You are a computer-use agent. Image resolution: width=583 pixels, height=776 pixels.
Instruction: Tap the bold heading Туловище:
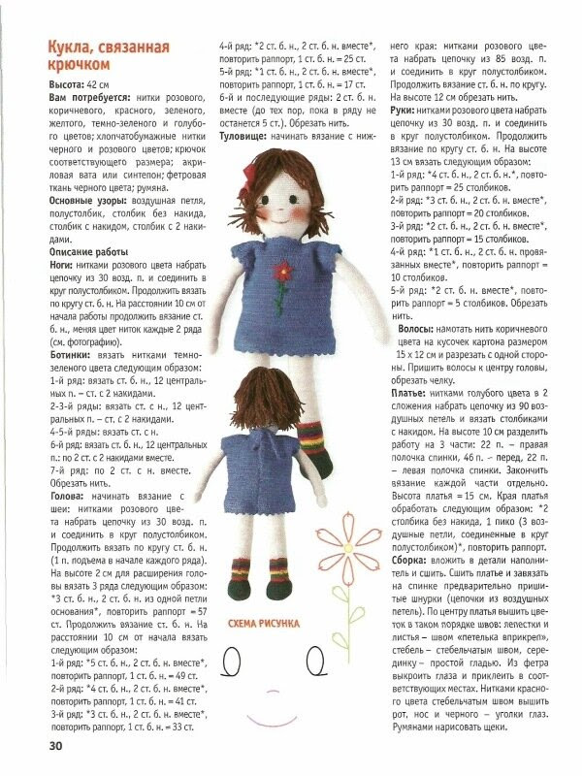244,137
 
